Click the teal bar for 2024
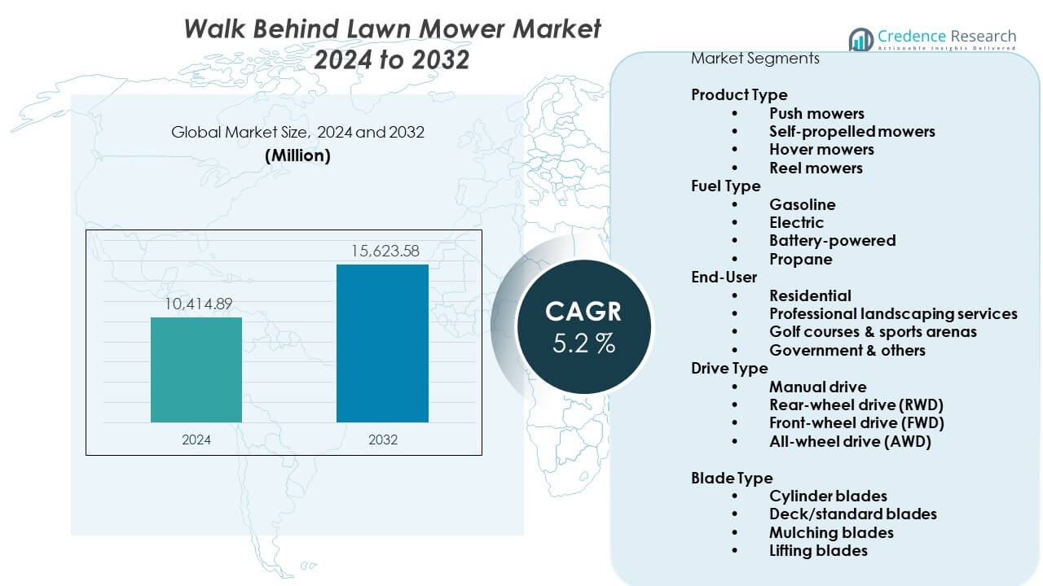click(x=196, y=370)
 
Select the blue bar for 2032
click(x=382, y=343)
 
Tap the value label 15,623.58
click(x=382, y=251)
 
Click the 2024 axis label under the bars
click(x=196, y=439)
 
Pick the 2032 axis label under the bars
click(x=382, y=439)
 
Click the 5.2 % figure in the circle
click(x=583, y=343)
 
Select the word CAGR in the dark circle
click(x=583, y=311)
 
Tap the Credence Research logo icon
click(x=860, y=39)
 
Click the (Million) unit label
click(x=297, y=156)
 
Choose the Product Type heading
click(x=739, y=95)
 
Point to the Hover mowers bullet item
click(x=821, y=150)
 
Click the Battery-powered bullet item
click(x=832, y=241)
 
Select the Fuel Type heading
click(x=726, y=186)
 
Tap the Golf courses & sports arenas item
click(x=873, y=332)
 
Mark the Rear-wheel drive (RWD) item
click(x=856, y=405)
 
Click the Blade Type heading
click(x=732, y=478)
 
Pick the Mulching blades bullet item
click(x=831, y=532)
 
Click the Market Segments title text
click(x=755, y=59)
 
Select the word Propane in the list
click(x=800, y=260)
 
